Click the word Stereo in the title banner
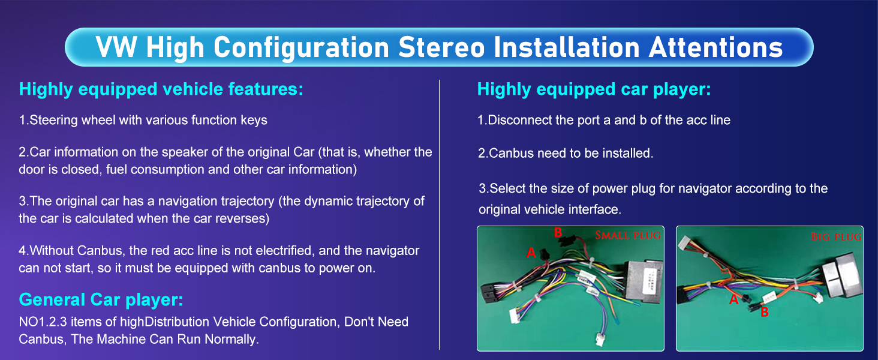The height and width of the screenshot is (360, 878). click(441, 47)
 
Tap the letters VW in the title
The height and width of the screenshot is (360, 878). click(116, 47)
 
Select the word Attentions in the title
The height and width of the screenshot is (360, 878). click(715, 47)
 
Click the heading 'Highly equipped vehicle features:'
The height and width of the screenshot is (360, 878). click(161, 89)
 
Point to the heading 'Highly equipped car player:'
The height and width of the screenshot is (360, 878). click(594, 89)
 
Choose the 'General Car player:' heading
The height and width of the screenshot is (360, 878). click(101, 299)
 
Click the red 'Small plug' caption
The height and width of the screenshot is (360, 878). click(627, 235)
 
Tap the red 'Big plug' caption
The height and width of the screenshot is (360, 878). click(836, 237)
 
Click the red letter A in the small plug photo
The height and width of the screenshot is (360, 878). click(531, 252)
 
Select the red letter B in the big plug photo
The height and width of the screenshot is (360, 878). click(765, 312)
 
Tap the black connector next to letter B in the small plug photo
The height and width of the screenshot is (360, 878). click(566, 239)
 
